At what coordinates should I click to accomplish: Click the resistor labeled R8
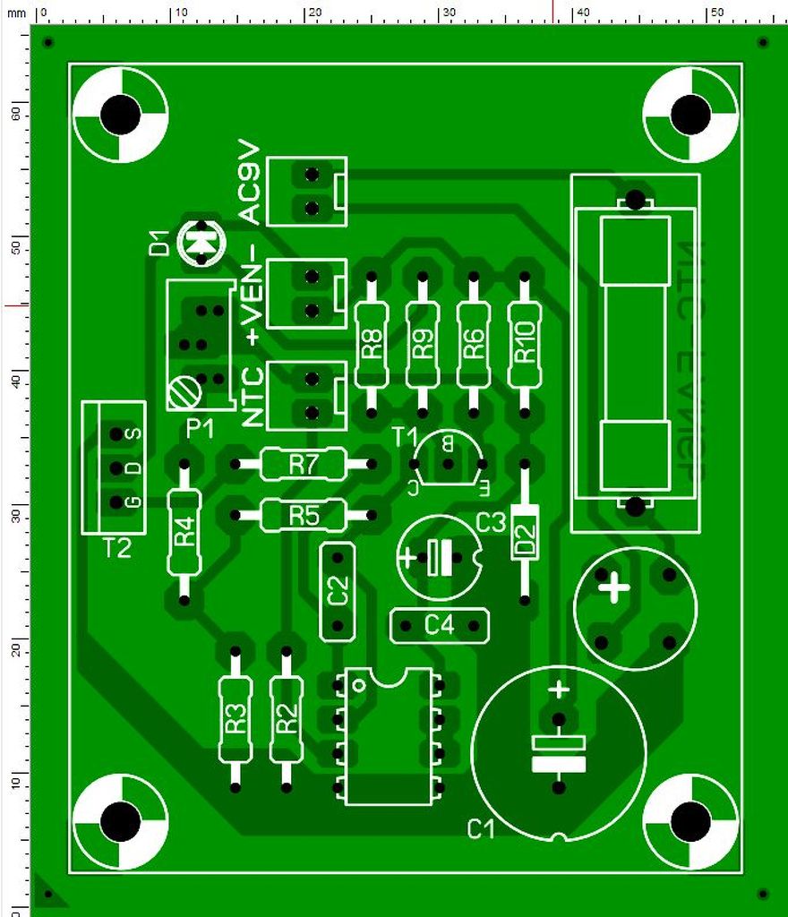371,344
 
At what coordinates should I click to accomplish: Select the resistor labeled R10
525,344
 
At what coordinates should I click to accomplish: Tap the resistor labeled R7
304,464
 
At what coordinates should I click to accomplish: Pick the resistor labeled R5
304,515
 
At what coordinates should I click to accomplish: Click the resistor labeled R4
184,532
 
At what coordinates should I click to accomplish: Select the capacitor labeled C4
440,625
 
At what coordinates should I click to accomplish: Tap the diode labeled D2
525,534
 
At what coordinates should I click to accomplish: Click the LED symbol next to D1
201,240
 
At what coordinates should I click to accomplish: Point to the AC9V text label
250,182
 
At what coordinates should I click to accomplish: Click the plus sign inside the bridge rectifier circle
615,589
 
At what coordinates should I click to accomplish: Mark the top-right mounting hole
690,114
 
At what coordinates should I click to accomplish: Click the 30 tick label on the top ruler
447,13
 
